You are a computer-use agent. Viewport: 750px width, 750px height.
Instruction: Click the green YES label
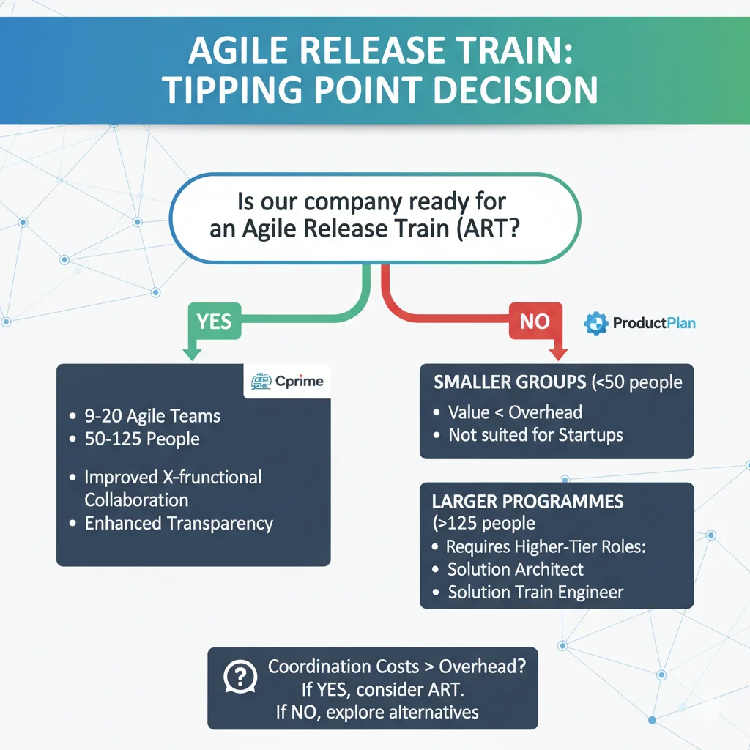click(214, 322)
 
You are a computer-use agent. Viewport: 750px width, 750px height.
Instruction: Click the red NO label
click(534, 322)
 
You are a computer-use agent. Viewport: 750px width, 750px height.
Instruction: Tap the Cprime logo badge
click(286, 382)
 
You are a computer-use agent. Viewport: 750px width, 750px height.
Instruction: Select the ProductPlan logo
click(640, 323)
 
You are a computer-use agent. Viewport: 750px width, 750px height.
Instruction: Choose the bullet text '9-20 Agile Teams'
click(152, 417)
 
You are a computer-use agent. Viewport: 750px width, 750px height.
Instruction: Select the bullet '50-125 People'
click(142, 439)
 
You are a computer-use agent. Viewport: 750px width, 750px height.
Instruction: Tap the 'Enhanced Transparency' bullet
click(179, 524)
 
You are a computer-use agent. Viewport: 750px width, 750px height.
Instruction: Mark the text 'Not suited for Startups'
click(535, 434)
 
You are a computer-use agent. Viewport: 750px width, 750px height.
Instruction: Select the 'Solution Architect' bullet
click(516, 569)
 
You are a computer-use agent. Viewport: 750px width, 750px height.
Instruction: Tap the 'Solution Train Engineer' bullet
click(535, 592)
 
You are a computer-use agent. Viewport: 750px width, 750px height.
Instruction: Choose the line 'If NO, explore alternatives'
click(377, 712)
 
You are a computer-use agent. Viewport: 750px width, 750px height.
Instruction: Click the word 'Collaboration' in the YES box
click(136, 500)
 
